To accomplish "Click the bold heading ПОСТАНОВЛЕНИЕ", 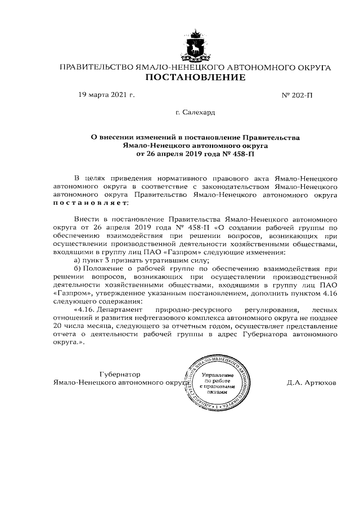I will [195, 78].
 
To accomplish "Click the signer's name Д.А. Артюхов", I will [310, 382].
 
